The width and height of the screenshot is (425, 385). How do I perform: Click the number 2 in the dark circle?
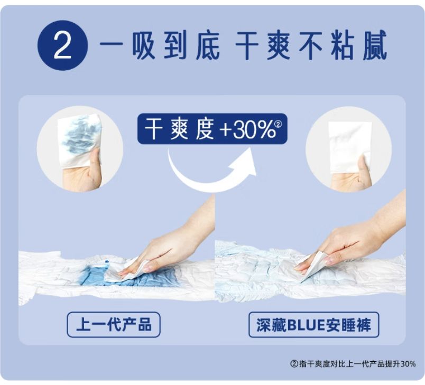point(62,46)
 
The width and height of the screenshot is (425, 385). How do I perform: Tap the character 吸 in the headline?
point(144,45)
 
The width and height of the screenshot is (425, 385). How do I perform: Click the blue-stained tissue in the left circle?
point(79,140)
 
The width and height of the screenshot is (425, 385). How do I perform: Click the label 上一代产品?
point(114,325)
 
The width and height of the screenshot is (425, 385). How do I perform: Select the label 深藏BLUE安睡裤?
point(313,325)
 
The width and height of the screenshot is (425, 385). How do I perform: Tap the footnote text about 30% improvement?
point(353,364)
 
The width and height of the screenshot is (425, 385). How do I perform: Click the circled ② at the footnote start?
point(294,364)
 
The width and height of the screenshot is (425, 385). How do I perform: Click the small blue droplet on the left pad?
point(107,262)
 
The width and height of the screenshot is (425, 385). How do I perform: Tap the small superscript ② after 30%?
point(279,124)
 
